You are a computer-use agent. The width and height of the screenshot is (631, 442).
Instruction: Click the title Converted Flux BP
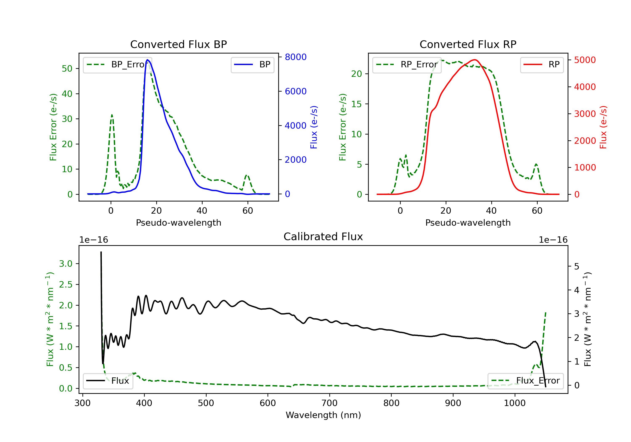click(179, 44)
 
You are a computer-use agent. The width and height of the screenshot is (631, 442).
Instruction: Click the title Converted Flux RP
click(468, 44)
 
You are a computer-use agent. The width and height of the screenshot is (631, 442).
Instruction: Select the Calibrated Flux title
click(323, 237)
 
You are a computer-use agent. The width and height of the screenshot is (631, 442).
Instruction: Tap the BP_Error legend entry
click(118, 65)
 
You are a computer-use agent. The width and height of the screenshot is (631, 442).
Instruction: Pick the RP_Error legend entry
click(407, 65)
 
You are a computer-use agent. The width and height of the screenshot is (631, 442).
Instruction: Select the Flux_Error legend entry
click(525, 381)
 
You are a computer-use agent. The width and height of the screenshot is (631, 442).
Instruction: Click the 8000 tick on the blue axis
click(296, 57)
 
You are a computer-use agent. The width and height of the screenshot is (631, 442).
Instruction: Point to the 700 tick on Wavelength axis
click(330, 403)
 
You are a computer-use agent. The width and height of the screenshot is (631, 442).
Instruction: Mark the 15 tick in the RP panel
click(357, 104)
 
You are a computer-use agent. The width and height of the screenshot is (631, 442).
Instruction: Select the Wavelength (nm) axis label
click(323, 415)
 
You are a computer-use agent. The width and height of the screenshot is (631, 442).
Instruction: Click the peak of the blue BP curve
click(148, 60)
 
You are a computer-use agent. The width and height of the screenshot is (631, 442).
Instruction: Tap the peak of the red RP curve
click(475, 60)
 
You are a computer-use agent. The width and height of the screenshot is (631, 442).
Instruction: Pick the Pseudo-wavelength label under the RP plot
click(468, 223)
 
